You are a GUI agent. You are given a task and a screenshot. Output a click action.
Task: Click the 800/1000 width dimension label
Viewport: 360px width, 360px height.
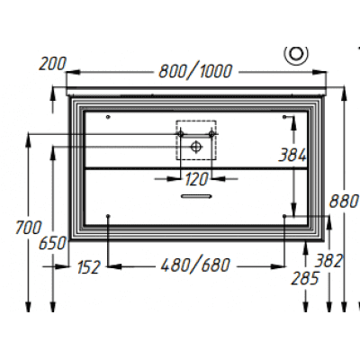[x=195, y=71]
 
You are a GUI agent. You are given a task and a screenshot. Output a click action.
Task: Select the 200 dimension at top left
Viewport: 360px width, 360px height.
[x=52, y=64]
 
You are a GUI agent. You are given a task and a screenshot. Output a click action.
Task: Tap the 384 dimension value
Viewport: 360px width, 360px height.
[x=292, y=155]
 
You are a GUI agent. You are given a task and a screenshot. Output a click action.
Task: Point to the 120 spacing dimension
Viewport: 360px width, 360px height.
[x=196, y=179]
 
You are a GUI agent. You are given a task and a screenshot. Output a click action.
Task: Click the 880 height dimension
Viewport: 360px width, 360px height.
[x=344, y=201]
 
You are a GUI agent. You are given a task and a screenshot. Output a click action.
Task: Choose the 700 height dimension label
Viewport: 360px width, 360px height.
[x=29, y=228]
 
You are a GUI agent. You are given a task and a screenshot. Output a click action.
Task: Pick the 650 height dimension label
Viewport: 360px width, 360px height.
[x=52, y=243]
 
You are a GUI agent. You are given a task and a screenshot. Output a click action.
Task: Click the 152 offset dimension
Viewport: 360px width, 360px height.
[x=88, y=267]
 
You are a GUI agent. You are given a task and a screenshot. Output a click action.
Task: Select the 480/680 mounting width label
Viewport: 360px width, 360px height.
[x=195, y=265]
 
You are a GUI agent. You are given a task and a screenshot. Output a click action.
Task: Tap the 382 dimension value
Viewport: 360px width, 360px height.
[x=328, y=261]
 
